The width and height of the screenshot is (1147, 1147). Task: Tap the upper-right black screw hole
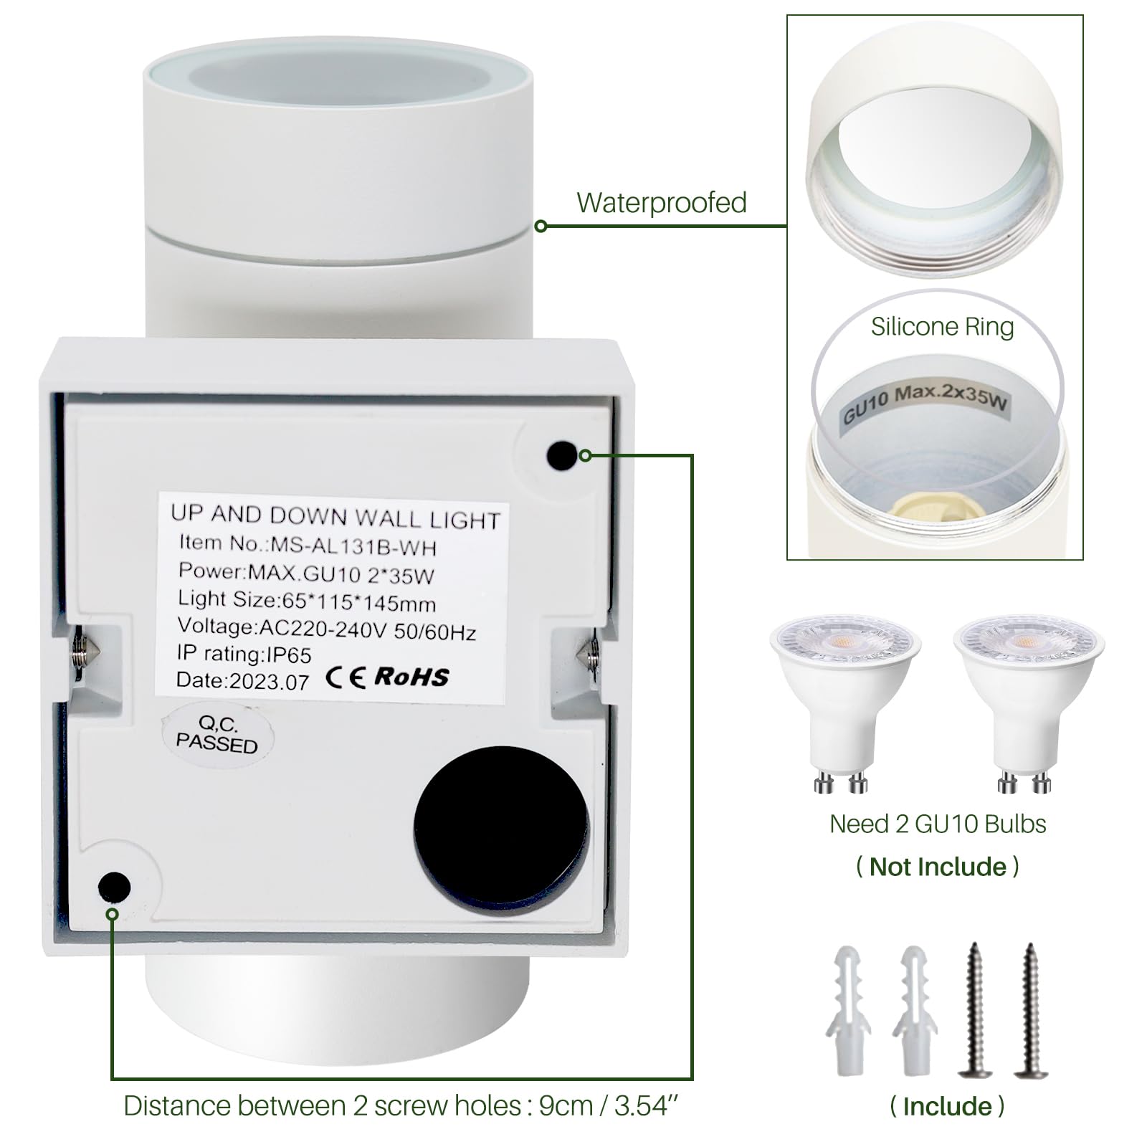point(561,456)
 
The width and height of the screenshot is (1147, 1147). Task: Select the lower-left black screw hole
point(115,887)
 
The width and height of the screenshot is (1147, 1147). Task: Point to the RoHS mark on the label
point(411,676)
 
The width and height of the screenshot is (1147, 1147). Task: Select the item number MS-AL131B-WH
point(353,547)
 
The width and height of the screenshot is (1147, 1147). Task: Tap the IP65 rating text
point(290,655)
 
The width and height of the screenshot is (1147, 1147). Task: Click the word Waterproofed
point(662,203)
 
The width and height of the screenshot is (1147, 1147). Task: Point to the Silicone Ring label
point(942,327)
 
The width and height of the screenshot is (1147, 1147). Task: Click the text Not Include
point(938,867)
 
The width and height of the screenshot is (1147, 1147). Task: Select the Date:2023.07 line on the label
point(243,680)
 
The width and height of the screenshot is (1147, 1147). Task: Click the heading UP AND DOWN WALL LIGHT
point(335,516)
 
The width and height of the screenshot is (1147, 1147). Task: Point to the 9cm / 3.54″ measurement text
point(609,1105)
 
